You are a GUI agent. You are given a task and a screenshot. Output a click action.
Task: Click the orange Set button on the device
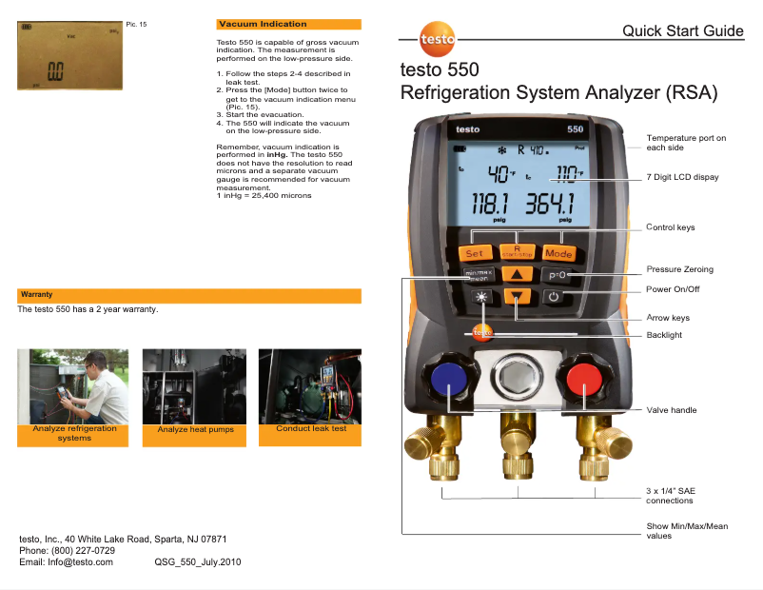(x=474, y=253)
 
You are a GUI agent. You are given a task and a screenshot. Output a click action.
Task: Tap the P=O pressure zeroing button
(x=558, y=274)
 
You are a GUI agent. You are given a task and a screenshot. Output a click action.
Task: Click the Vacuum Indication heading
(x=263, y=24)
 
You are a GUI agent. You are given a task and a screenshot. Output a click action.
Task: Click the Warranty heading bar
(x=189, y=295)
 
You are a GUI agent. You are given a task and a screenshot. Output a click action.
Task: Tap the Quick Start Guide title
(x=682, y=31)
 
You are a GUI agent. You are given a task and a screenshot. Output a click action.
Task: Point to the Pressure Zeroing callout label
(x=679, y=269)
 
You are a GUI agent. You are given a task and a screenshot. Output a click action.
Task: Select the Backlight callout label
(x=664, y=335)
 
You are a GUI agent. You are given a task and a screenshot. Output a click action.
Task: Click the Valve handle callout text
(x=672, y=410)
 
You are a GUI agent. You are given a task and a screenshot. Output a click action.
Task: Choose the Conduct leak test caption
(x=310, y=429)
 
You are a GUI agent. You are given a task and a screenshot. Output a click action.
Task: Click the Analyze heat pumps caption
(x=196, y=430)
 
